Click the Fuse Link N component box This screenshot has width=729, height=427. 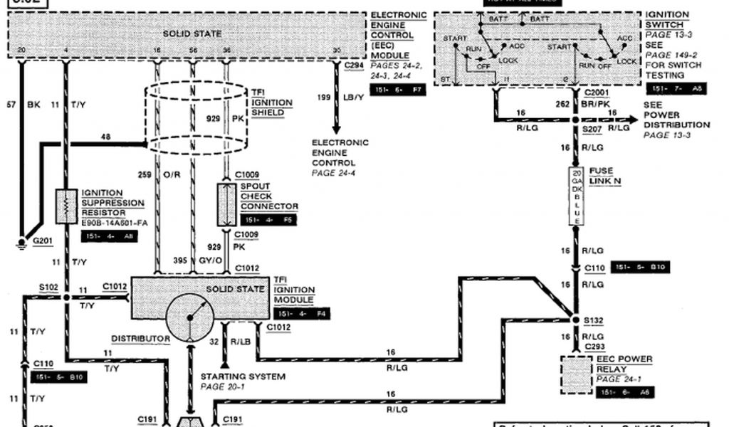click(x=576, y=196)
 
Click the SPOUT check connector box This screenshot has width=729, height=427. click(x=226, y=205)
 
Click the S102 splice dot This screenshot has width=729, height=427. click(x=66, y=297)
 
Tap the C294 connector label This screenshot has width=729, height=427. click(x=354, y=65)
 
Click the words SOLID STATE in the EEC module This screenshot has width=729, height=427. click(x=192, y=33)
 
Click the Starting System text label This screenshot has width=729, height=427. click(x=243, y=376)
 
